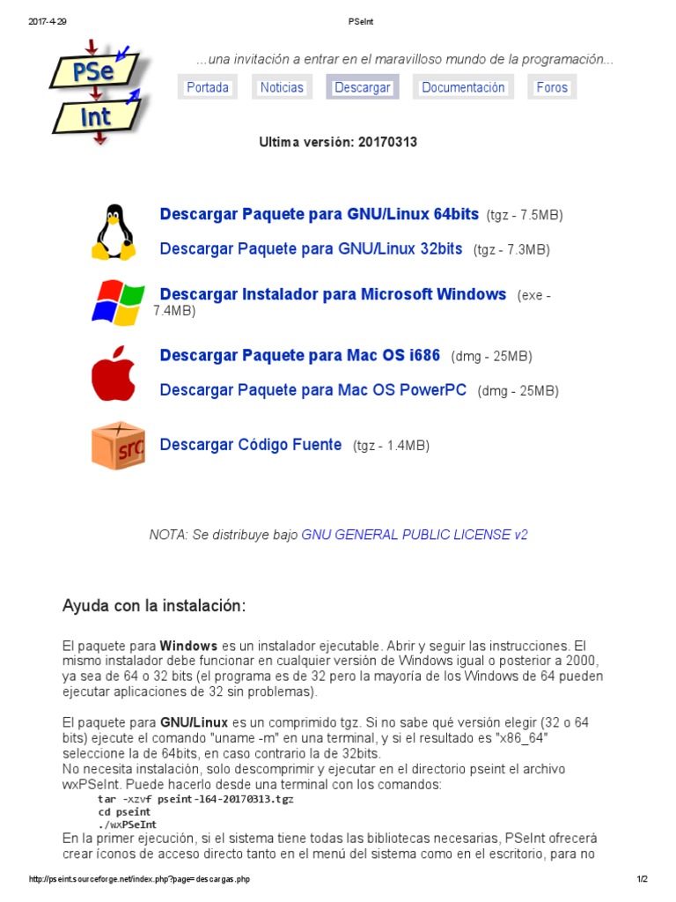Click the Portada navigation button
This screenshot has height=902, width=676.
coord(208,87)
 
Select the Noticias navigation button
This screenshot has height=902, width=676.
coord(282,87)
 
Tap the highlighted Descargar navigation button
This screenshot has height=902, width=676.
coord(363,87)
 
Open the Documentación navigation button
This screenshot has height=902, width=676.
coord(463,87)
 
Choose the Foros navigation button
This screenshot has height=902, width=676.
coord(552,87)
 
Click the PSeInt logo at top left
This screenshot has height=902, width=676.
coord(97,88)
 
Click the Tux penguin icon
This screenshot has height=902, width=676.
coord(114,232)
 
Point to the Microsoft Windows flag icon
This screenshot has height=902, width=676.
coord(118,302)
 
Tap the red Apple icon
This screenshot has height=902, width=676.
coord(114,373)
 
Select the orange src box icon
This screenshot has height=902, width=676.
coord(118,446)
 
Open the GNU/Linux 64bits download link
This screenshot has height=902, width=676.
coord(319,214)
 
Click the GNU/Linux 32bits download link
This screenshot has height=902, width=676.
coord(311,249)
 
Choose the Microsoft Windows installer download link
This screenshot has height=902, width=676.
coord(333,294)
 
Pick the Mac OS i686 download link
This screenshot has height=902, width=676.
coord(299,356)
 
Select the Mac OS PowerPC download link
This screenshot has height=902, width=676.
coord(312,390)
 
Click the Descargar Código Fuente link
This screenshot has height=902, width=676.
coord(250,445)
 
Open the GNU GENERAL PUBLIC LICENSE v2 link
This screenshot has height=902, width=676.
coord(415,535)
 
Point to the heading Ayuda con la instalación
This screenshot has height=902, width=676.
coord(154,606)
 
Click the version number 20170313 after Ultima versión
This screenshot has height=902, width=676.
coord(387,142)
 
